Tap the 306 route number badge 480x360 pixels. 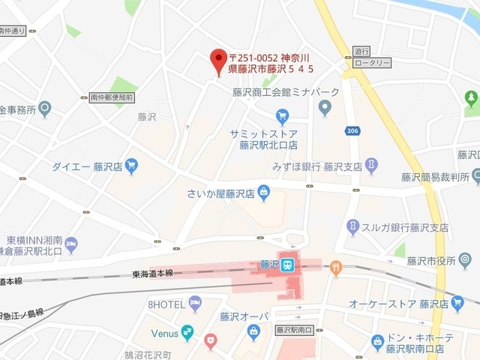(x=352, y=131)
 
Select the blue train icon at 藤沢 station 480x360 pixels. (x=287, y=264)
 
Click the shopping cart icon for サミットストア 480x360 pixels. (x=282, y=115)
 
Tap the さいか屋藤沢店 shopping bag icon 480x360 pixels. (x=264, y=194)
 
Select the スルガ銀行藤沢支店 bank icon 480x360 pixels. (x=352, y=226)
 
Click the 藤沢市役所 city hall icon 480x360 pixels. (x=466, y=259)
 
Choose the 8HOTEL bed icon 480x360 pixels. (x=195, y=304)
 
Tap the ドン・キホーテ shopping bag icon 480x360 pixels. (x=378, y=343)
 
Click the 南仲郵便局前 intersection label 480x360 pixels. (x=111, y=97)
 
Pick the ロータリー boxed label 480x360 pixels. (x=372, y=63)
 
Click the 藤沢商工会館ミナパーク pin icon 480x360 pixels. (x=325, y=109)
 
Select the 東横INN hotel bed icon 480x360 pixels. (x=71, y=244)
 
